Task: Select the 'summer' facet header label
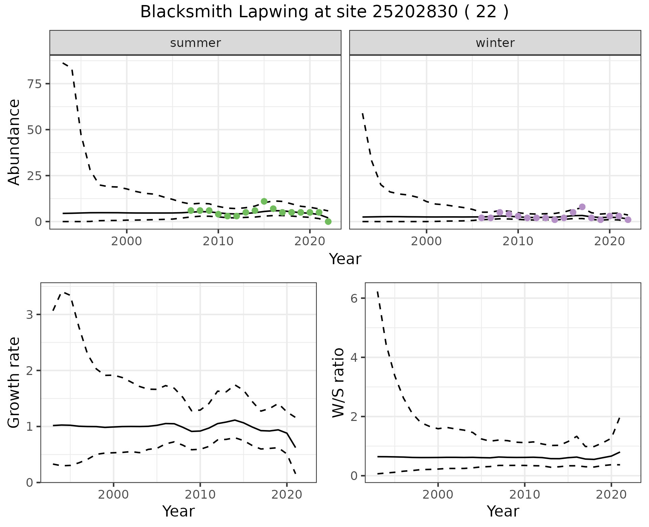click(x=195, y=43)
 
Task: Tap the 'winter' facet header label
click(x=495, y=43)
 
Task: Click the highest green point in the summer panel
click(x=264, y=201)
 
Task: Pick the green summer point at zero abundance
click(x=328, y=222)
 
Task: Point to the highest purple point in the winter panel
click(x=582, y=207)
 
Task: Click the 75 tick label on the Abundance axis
click(x=33, y=84)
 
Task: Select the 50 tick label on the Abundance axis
click(x=33, y=130)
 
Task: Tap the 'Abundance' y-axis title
click(x=14, y=142)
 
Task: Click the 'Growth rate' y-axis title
click(x=14, y=383)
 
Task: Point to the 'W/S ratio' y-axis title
click(x=338, y=383)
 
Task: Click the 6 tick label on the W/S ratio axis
click(x=354, y=298)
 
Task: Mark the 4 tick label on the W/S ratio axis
click(x=354, y=357)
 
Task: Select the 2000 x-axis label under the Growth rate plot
click(x=114, y=495)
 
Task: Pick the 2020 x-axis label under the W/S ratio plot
click(x=611, y=495)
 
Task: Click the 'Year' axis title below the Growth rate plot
click(x=178, y=511)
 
